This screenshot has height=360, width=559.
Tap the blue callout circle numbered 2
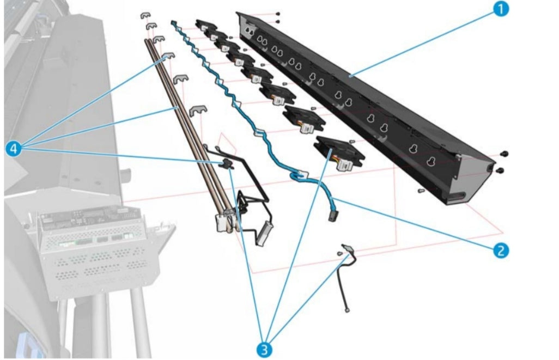coord(501,250)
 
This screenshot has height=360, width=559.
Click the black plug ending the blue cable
coord(331,217)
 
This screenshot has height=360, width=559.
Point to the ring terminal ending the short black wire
coord(347,311)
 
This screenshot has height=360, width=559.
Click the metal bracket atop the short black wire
coord(347,249)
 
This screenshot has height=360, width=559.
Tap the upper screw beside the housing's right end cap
coord(504,154)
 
